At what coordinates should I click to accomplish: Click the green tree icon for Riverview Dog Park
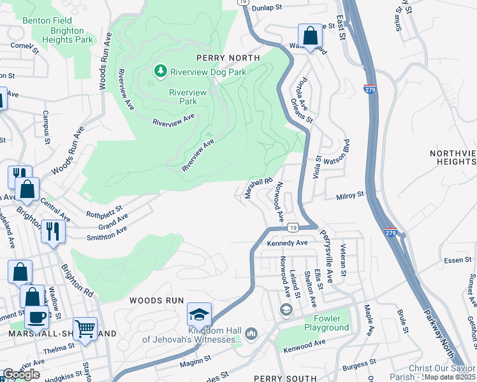click(x=161, y=72)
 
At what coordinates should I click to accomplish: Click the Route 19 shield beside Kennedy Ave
click(x=292, y=227)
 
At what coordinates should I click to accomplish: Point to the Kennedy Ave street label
click(x=288, y=243)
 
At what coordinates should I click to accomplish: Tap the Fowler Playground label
click(x=322, y=323)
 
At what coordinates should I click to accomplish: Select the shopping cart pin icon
click(x=85, y=329)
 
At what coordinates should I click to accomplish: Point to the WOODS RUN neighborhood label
click(x=157, y=300)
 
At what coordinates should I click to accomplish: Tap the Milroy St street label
click(x=351, y=195)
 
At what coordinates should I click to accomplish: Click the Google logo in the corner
click(x=21, y=374)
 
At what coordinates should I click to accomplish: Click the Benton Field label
click(x=45, y=20)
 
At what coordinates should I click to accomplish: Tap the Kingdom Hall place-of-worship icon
click(x=251, y=334)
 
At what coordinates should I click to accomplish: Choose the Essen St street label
click(x=439, y=260)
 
